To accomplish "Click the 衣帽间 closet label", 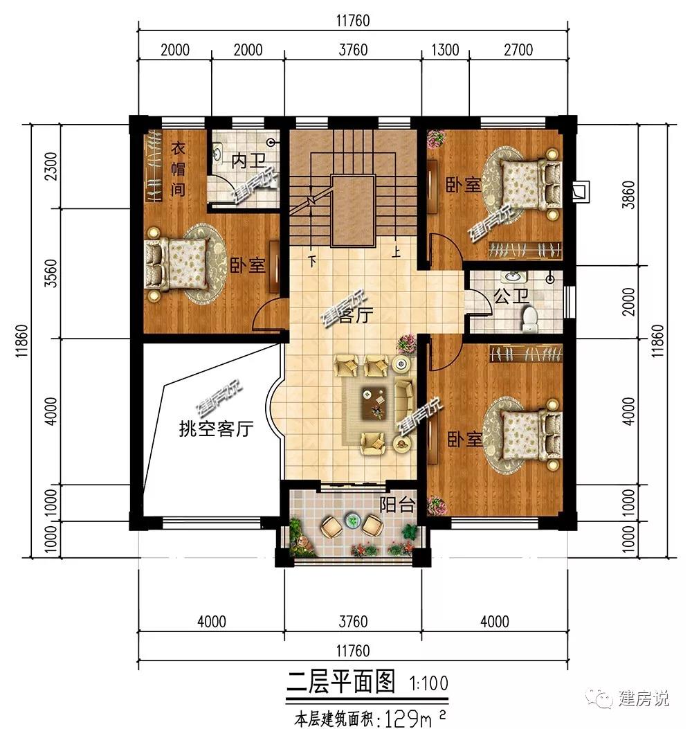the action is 178,169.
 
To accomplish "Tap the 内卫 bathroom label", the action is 248,161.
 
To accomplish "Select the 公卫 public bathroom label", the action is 511,296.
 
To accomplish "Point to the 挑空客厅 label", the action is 216,429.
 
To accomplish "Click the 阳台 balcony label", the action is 397,505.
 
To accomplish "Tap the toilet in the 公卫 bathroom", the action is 529,320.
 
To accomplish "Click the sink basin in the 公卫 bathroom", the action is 513,277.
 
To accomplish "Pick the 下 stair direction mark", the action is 312,260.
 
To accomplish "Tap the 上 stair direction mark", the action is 396,253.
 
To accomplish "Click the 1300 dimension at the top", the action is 445,50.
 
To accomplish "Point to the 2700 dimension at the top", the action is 518,50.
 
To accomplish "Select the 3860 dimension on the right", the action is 628,195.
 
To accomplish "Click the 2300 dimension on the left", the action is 52,166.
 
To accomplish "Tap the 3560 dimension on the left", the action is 52,273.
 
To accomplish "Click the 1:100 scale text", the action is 428,683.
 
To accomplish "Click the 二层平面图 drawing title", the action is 341,682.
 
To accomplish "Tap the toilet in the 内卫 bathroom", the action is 217,154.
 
